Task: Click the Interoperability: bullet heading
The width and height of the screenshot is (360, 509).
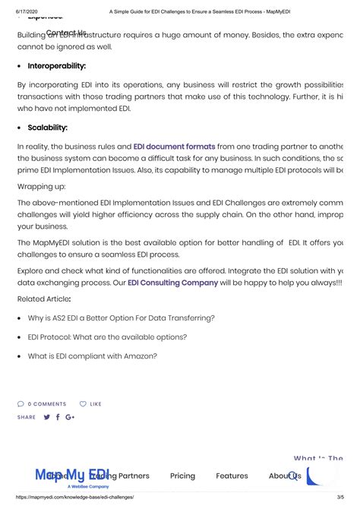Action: click(x=56, y=66)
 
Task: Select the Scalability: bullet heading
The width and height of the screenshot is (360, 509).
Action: click(x=47, y=128)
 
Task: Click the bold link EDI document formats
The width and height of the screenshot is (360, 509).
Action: click(x=174, y=146)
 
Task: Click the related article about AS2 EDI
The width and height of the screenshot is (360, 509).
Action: click(x=121, y=318)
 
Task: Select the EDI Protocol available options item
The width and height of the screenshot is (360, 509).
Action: click(x=107, y=337)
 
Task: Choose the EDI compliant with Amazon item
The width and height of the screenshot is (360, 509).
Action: click(x=93, y=356)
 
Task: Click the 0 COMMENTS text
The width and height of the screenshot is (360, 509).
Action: click(x=46, y=404)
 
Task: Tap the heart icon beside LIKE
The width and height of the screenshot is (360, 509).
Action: click(x=84, y=404)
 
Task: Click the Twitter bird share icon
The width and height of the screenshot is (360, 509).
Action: click(x=47, y=417)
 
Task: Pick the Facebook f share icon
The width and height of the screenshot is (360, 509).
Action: click(x=58, y=417)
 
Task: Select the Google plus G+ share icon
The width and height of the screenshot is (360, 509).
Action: click(x=70, y=417)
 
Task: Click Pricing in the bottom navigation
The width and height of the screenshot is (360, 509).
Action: click(x=182, y=476)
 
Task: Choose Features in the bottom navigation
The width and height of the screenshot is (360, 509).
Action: click(x=232, y=476)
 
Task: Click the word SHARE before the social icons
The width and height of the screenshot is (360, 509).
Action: click(x=27, y=417)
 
